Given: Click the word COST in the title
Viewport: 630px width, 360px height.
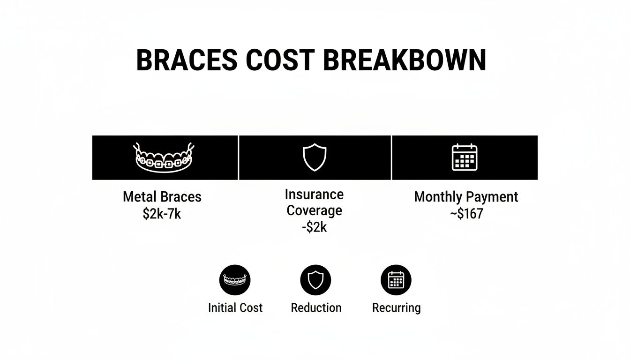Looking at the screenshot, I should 280,60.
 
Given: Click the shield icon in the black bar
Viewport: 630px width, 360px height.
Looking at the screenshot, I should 315,157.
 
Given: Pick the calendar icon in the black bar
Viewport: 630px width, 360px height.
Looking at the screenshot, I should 464,157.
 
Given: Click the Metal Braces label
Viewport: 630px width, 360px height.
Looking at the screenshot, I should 162,196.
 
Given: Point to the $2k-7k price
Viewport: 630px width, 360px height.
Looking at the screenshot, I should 162,214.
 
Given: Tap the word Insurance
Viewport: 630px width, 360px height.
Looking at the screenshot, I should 314,194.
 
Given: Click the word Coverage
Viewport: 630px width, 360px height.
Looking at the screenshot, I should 314,210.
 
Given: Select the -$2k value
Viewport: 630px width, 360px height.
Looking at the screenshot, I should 314,228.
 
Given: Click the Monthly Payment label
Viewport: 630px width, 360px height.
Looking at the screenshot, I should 466,197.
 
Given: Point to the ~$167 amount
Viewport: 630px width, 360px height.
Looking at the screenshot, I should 466,214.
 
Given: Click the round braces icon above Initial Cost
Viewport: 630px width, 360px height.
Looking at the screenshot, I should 235,280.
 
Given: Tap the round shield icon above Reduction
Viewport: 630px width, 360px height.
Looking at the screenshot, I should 315,280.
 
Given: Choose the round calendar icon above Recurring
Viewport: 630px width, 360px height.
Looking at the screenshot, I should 396,280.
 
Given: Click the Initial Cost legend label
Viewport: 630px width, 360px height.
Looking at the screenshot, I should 235,308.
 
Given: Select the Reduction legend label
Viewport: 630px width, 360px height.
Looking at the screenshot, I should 316,308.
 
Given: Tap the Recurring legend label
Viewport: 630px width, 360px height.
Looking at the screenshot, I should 397,308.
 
